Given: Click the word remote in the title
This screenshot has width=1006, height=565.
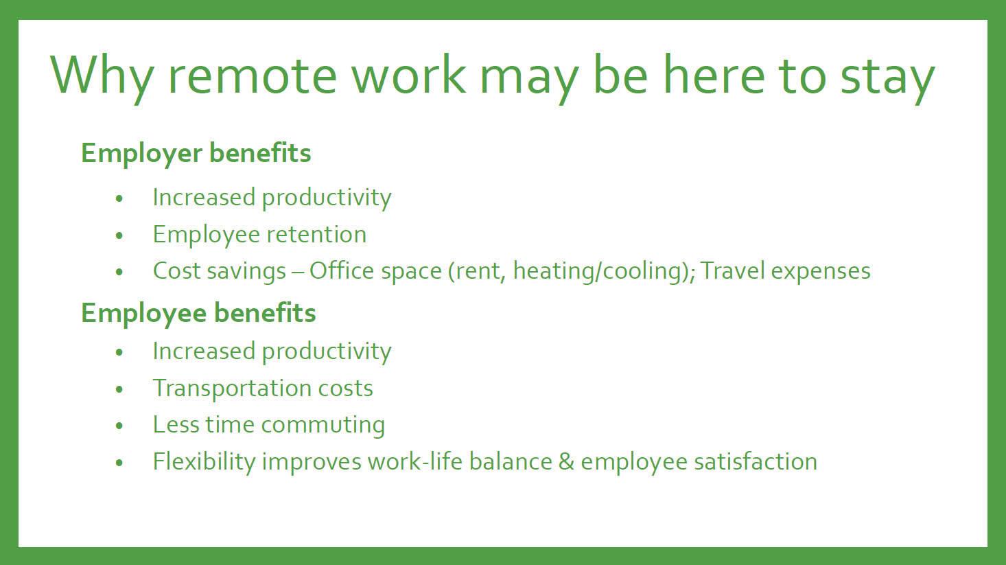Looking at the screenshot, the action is (252, 75).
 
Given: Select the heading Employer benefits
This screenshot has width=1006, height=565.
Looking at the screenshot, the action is (196, 153).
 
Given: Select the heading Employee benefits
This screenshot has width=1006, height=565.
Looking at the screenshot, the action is (198, 313).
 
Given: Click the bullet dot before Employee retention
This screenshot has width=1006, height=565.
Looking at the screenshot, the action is (119, 235).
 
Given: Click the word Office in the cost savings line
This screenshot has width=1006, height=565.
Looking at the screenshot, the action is (341, 270).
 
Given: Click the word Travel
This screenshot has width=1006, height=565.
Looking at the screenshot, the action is (732, 270).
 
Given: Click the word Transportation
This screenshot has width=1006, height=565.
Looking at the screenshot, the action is (232, 389).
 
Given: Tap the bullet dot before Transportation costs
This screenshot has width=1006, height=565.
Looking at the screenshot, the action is (119, 389).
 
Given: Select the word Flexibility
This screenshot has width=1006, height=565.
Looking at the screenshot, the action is (204, 462).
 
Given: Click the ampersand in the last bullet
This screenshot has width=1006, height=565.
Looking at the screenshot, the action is (566, 462).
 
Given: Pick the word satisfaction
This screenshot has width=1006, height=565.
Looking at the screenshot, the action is (756, 462).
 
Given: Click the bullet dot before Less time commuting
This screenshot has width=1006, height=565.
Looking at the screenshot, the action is (119, 426).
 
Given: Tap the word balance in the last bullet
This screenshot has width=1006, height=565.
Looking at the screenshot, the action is (511, 462).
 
